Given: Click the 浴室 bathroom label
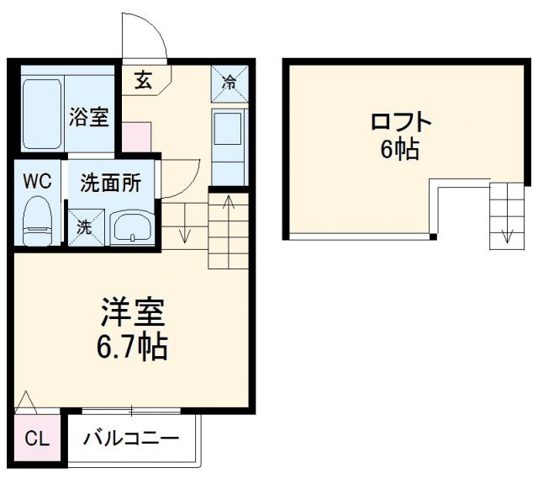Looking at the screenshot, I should (x=88, y=116).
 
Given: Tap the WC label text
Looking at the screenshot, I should (x=37, y=181).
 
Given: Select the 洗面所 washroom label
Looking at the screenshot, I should (x=110, y=183).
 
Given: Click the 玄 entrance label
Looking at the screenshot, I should (x=143, y=81).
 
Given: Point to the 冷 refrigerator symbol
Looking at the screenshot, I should (x=229, y=82).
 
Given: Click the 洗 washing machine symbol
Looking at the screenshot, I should (x=84, y=226).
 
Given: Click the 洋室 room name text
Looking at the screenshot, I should (x=129, y=314).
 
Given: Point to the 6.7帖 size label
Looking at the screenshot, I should (x=129, y=345).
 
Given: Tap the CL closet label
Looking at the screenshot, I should (x=37, y=439).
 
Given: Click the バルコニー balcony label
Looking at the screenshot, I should (x=132, y=439).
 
